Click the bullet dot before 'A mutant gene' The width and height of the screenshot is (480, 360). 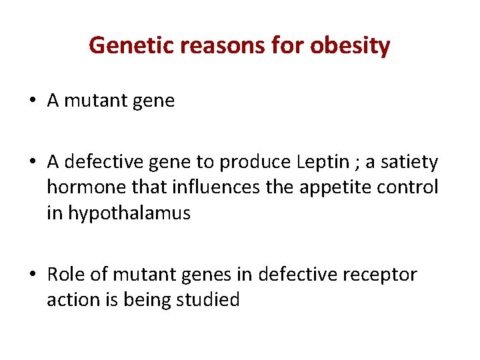click(33, 101)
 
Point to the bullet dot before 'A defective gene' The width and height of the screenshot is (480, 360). click(33, 163)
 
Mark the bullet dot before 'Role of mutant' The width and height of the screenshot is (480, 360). click(33, 275)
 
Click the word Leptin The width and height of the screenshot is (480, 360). click(308, 162)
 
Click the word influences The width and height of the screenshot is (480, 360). click(207, 187)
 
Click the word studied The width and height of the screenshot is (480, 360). click(207, 300)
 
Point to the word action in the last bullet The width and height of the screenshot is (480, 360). click(71, 300)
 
